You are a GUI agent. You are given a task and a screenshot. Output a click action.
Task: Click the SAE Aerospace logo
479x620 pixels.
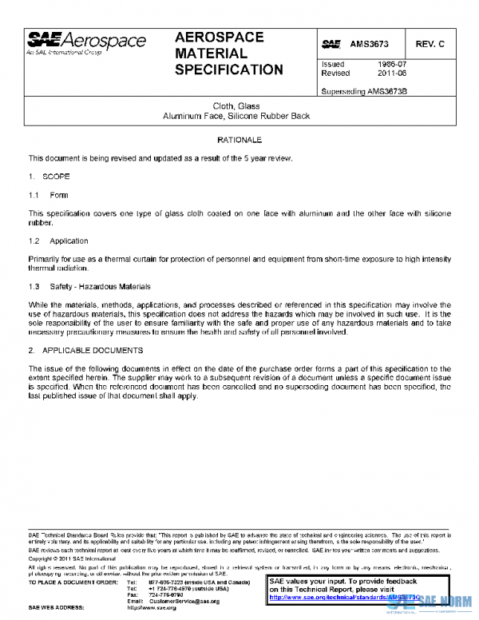tap(86, 42)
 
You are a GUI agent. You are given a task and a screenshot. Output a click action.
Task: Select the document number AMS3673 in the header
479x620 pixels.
tap(369, 42)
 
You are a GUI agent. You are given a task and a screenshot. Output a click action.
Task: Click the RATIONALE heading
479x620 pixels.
tap(239, 140)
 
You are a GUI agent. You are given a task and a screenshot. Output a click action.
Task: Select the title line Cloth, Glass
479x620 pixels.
tap(239, 106)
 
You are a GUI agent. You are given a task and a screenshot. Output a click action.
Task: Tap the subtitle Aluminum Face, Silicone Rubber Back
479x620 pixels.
tap(239, 117)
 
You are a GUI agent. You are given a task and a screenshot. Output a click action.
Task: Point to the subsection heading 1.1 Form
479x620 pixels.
tap(49, 195)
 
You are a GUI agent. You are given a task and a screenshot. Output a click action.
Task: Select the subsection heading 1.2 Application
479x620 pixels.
tap(58, 240)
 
